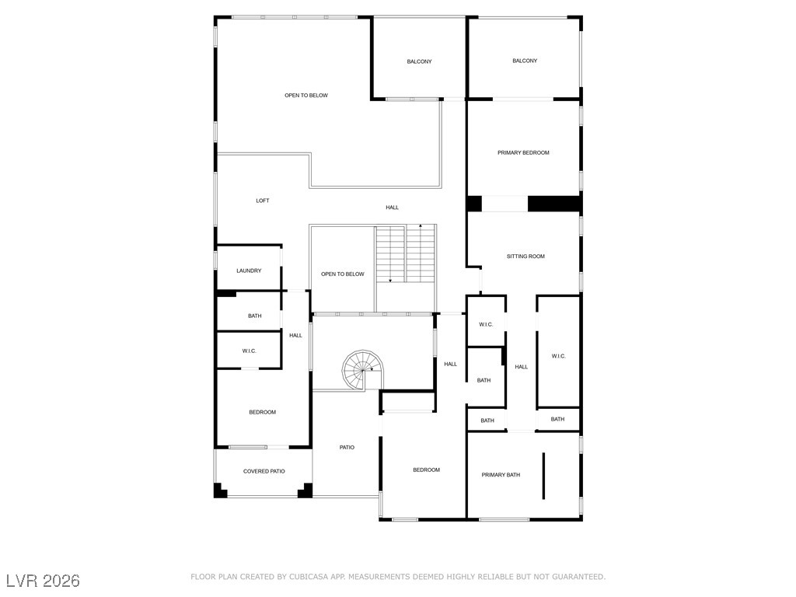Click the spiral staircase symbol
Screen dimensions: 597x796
tap(361, 369)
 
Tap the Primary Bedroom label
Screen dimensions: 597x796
tap(523, 152)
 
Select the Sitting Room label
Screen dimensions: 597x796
tap(525, 256)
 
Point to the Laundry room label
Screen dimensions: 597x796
tap(249, 271)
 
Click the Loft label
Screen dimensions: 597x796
tap(263, 201)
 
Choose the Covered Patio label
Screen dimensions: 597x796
tap(264, 471)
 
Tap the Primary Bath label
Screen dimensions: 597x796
tap(501, 474)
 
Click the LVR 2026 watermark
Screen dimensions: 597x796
tap(43, 581)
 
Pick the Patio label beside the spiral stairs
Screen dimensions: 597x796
tap(347, 447)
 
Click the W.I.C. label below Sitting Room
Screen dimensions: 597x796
tap(486, 324)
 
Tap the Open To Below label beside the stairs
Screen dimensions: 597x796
tap(343, 274)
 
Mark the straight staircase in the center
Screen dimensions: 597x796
tap(405, 254)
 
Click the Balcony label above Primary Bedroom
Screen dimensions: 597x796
tap(525, 61)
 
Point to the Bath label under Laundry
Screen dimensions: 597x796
tap(255, 316)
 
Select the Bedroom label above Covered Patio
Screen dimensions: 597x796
tap(262, 412)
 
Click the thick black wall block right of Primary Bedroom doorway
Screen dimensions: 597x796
tap(554, 204)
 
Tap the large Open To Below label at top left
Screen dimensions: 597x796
tap(306, 96)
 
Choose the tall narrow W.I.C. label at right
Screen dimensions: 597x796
tap(558, 356)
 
